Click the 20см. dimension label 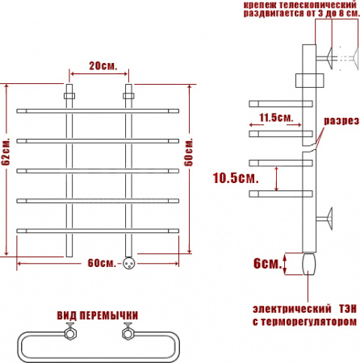pos(103,65)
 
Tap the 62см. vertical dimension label pos(6,152)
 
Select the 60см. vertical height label pos(189,152)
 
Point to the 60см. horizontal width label pos(102,263)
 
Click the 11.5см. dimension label pos(276,118)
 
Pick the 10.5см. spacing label pos(236,178)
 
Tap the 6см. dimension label pos(267,264)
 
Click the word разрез pos(341,121)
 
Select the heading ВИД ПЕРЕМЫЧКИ pos(98,315)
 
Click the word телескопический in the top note pos(318,5)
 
